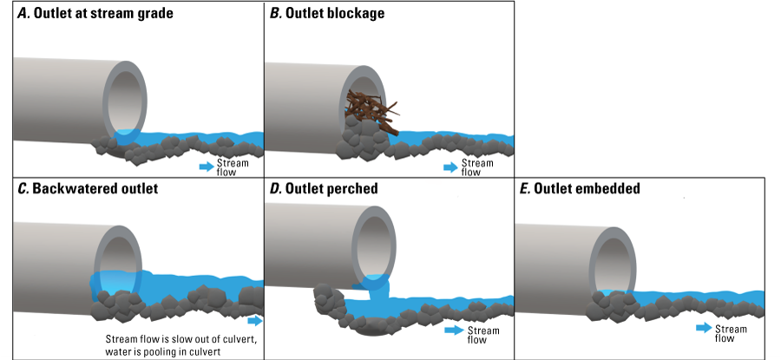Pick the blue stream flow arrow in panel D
tap(453, 331)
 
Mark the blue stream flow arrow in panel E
tap(703, 328)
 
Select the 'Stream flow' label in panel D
tap(483, 335)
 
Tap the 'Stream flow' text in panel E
tap(731, 333)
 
